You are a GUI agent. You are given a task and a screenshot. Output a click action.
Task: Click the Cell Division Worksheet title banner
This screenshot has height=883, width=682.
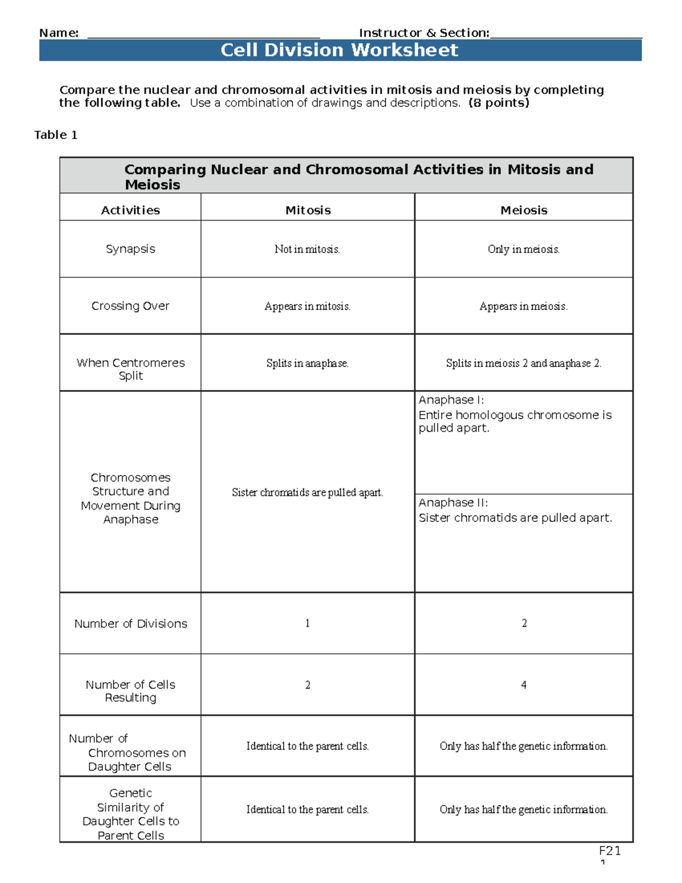340,50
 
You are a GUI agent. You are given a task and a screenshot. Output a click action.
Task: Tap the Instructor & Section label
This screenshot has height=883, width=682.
423,33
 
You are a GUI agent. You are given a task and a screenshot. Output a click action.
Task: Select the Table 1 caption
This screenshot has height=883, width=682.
56,135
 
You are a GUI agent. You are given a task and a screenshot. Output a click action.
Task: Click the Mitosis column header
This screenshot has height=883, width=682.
307,210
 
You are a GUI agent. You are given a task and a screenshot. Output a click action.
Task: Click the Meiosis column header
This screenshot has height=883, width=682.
523,210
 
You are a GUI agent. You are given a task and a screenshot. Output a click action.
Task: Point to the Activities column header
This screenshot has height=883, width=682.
130,210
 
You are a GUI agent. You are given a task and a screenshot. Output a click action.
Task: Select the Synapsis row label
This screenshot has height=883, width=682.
130,249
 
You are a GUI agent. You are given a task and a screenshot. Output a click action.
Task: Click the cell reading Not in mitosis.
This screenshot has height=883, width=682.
307,249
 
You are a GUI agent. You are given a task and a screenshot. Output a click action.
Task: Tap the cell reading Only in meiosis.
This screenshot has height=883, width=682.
523,249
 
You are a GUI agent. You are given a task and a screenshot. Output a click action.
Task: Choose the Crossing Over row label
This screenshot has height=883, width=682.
130,306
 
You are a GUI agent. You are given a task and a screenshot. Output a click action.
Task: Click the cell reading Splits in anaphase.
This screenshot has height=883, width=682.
307,363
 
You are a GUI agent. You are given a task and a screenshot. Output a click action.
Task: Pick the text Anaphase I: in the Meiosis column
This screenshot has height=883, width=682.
451,400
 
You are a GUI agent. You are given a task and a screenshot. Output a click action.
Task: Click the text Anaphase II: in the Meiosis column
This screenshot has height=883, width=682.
453,503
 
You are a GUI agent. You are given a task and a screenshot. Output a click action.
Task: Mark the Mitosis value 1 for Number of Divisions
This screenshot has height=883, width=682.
307,623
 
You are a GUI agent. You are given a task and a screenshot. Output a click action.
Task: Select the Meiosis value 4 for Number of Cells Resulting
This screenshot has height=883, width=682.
523,685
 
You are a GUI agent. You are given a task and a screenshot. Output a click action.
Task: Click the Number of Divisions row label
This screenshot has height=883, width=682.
130,624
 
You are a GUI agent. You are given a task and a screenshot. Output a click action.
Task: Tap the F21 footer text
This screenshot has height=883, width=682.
609,851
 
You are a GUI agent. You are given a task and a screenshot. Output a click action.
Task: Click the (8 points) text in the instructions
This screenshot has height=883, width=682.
498,103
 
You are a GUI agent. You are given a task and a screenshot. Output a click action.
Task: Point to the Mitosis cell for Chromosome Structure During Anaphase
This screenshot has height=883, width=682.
307,492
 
